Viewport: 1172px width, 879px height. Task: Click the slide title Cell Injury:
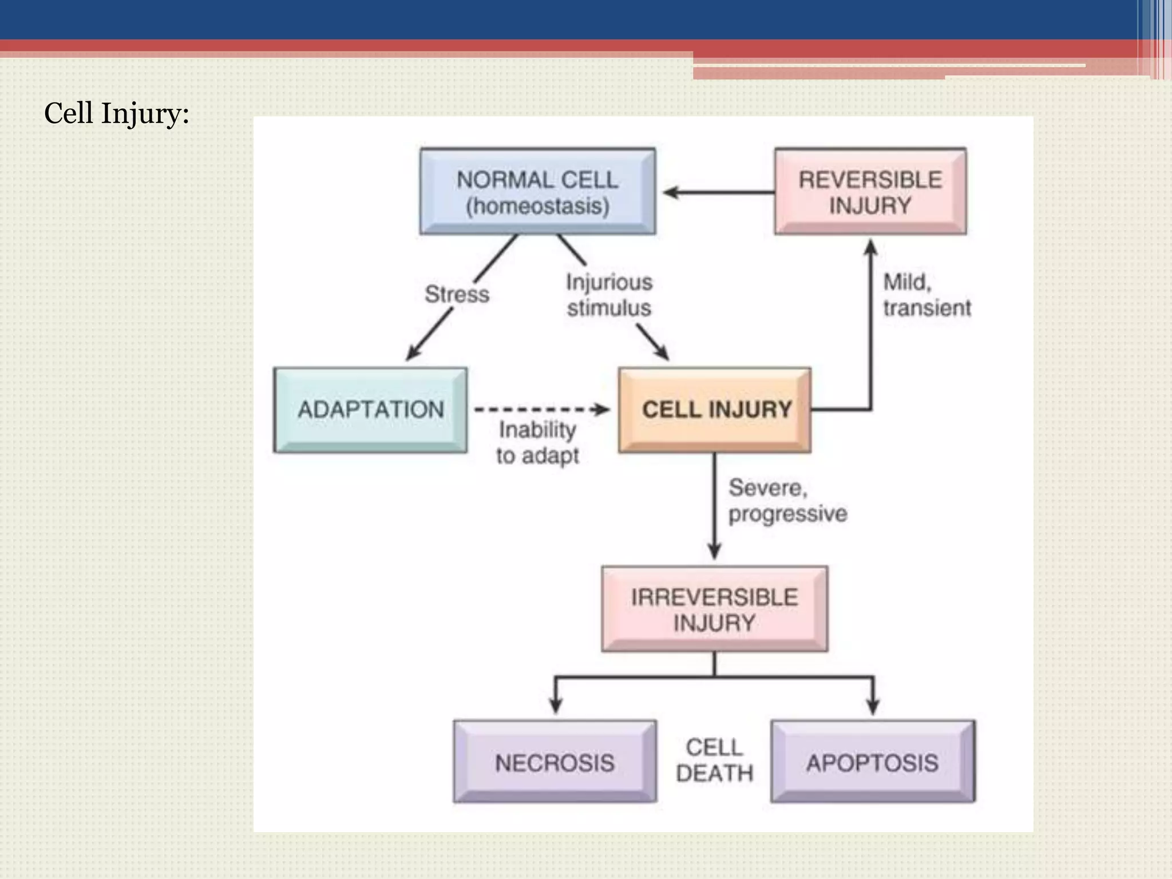click(x=116, y=113)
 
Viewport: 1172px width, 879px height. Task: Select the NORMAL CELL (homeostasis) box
click(x=537, y=191)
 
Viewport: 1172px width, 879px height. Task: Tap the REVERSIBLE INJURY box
click(x=870, y=191)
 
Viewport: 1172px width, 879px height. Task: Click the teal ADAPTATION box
click(x=370, y=410)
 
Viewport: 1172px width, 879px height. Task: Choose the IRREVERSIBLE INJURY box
click(x=714, y=609)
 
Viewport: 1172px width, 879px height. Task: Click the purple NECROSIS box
click(x=555, y=762)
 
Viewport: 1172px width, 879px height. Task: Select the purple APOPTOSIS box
click(x=872, y=762)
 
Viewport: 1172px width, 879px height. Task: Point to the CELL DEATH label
click(x=714, y=760)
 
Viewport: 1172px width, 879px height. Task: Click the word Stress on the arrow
click(x=457, y=294)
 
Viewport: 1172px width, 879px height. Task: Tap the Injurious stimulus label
click(x=609, y=295)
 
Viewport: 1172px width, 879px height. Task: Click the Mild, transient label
click(x=926, y=295)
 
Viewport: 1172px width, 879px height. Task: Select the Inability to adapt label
click(x=537, y=442)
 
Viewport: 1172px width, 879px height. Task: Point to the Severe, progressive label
click(x=787, y=501)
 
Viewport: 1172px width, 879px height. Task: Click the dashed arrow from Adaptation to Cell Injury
click(x=541, y=409)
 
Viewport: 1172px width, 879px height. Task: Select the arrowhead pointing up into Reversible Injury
click(x=870, y=247)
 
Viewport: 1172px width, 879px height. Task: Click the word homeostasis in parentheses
click(x=537, y=206)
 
